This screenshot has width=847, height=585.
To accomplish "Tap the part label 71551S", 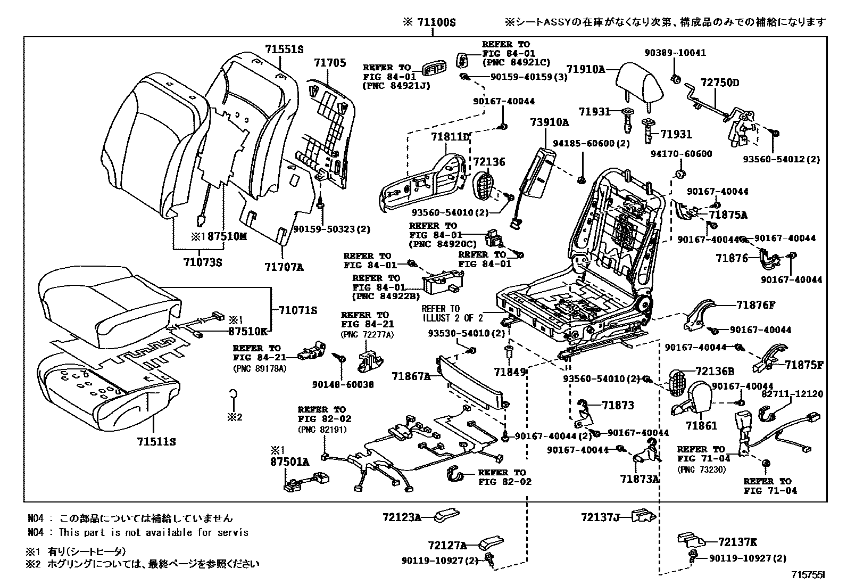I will [x=284, y=50].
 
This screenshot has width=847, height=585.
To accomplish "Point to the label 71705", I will [x=329, y=63].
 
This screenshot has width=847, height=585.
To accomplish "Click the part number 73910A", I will [x=549, y=123].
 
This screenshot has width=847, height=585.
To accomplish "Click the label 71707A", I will [x=284, y=267].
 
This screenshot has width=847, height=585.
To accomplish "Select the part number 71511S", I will [x=156, y=442].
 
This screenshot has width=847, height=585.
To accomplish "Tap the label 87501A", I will [x=289, y=462].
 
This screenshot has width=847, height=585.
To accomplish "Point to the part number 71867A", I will [x=411, y=377].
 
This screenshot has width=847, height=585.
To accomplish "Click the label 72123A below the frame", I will [x=401, y=517].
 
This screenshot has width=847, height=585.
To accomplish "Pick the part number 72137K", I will [x=737, y=542].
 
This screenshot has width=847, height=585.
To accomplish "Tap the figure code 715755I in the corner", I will [x=808, y=575].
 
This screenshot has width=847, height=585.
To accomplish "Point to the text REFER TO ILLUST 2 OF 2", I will [x=452, y=314].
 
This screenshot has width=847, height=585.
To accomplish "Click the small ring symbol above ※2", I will [x=233, y=394].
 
